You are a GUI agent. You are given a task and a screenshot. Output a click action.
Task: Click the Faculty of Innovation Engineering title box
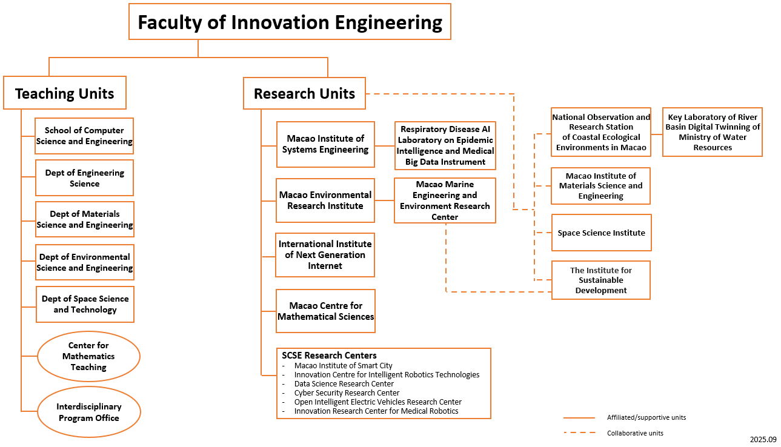coord(290,22)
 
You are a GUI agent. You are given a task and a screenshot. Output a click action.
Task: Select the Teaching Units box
coord(65,93)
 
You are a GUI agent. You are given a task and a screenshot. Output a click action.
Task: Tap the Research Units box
coord(304,93)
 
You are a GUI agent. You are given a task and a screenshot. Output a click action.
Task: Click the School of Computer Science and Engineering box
coord(84,136)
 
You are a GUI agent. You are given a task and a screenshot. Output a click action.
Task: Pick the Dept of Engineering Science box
coord(84,178)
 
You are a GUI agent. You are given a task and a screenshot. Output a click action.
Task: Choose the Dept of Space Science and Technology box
coord(85,304)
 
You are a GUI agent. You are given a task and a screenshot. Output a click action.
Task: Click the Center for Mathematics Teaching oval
coord(88,356)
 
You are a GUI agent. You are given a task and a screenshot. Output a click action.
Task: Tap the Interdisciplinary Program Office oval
coord(89,412)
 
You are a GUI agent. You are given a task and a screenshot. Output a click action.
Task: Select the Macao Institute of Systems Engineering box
coord(325,144)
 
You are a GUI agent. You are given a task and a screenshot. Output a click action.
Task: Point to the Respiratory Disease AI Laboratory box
coord(445,145)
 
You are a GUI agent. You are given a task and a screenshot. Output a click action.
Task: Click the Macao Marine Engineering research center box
coord(445,200)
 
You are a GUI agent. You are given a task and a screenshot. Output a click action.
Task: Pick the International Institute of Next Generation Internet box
coord(325,255)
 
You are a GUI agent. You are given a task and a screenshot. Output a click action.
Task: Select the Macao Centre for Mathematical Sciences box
coord(325,311)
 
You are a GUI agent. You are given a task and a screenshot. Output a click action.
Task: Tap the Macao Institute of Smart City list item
coord(343,365)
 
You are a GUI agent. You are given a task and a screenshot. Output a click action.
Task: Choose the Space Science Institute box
coord(601,233)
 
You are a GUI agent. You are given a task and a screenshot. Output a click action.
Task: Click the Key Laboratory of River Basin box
coord(713,132)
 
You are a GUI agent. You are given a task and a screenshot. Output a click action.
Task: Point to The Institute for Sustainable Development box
coord(601,280)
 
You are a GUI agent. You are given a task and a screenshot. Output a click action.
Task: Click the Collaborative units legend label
coord(635,433)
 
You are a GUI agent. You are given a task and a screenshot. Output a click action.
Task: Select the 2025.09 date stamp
coord(763,439)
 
